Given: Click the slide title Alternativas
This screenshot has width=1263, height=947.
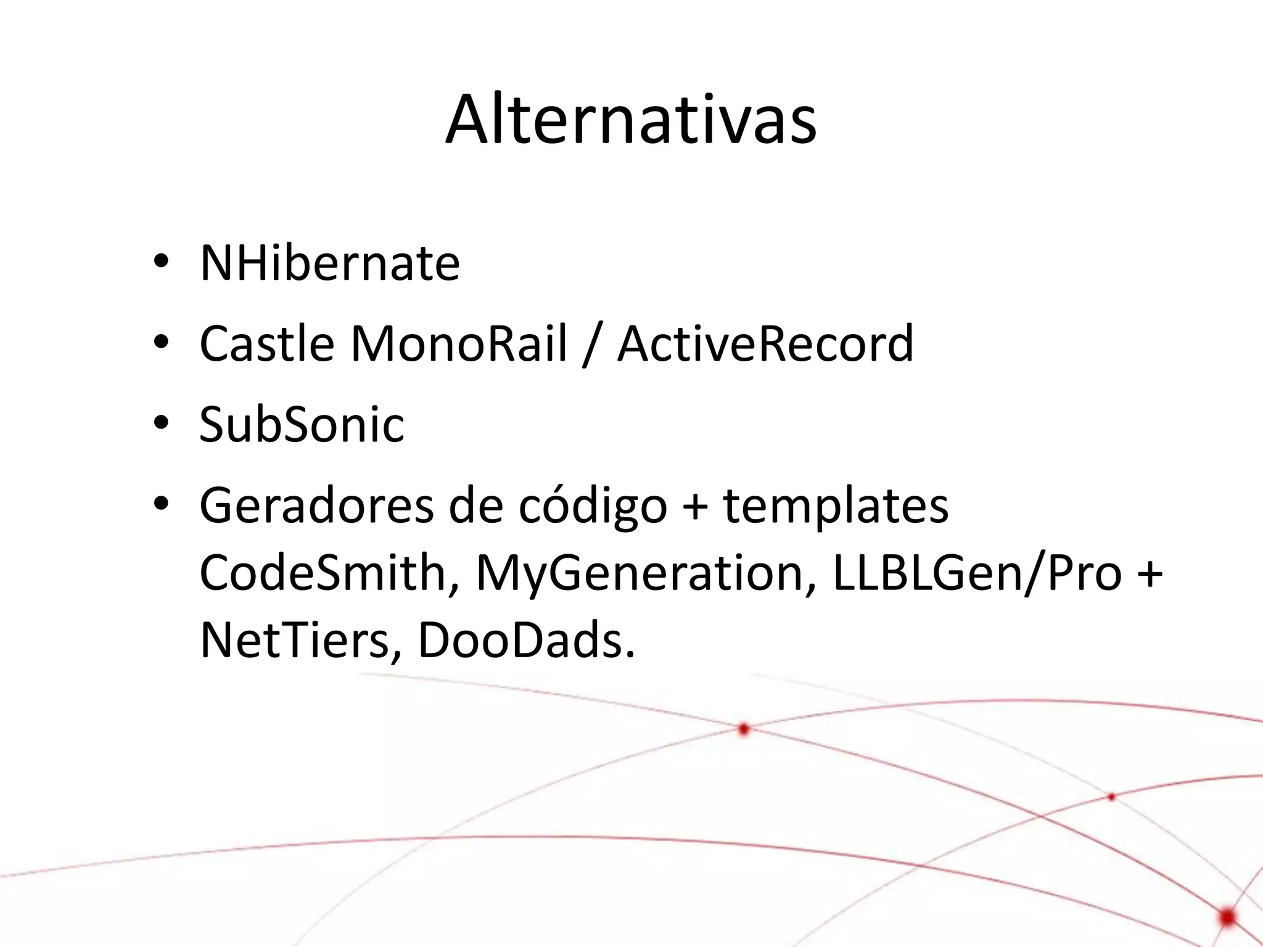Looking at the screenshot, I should pyautogui.click(x=631, y=120).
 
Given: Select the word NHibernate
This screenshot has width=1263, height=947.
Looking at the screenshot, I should pyautogui.click(x=330, y=263).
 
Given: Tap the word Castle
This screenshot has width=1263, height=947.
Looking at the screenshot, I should pyautogui.click(x=267, y=343).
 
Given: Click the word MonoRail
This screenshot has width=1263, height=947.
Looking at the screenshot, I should pyautogui.click(x=459, y=343).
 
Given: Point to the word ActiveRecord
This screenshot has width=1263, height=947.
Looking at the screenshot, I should pyautogui.click(x=765, y=343).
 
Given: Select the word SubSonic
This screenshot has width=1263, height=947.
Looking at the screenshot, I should pyautogui.click(x=302, y=425).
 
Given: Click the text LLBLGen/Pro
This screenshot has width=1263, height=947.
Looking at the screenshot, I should pyautogui.click(x=977, y=574).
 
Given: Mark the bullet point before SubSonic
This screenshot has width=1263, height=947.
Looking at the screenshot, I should pyautogui.click(x=161, y=424).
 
